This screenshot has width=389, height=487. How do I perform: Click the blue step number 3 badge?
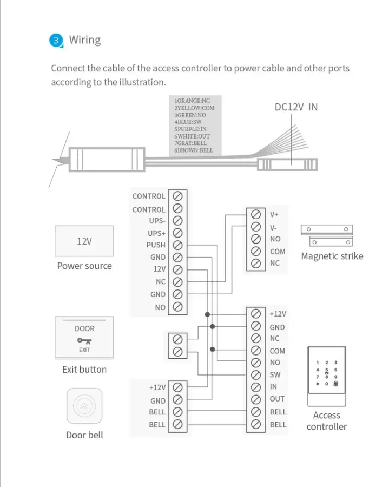[x=56, y=41]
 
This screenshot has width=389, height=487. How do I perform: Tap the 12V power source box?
[x=84, y=241]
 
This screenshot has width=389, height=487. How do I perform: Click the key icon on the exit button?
[x=84, y=341]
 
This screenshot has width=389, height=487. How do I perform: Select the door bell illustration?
[x=84, y=406]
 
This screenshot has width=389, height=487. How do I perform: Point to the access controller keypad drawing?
[x=327, y=376]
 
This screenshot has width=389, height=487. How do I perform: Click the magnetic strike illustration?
[x=327, y=235]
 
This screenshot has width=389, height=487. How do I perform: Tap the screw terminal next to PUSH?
[x=177, y=245]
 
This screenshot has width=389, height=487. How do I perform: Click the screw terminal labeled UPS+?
[x=177, y=233]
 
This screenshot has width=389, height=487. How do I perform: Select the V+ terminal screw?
[x=255, y=214]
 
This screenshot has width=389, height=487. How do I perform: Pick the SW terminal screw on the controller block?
[x=255, y=375]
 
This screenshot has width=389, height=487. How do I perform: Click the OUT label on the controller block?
[x=277, y=399]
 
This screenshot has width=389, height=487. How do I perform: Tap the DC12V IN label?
[x=296, y=107]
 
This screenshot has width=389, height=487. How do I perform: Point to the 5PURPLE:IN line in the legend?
[x=190, y=129]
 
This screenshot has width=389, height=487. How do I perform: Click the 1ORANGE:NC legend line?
[x=192, y=101]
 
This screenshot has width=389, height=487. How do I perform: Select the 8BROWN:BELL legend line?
[x=194, y=150]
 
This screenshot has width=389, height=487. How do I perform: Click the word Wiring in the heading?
[x=85, y=40]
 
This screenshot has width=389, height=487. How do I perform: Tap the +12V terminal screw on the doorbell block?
[x=177, y=387]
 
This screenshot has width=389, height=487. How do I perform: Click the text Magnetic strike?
[x=332, y=256]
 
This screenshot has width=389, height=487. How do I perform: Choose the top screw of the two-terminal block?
[x=177, y=339]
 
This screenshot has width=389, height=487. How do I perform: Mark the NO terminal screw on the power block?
[x=177, y=307]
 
